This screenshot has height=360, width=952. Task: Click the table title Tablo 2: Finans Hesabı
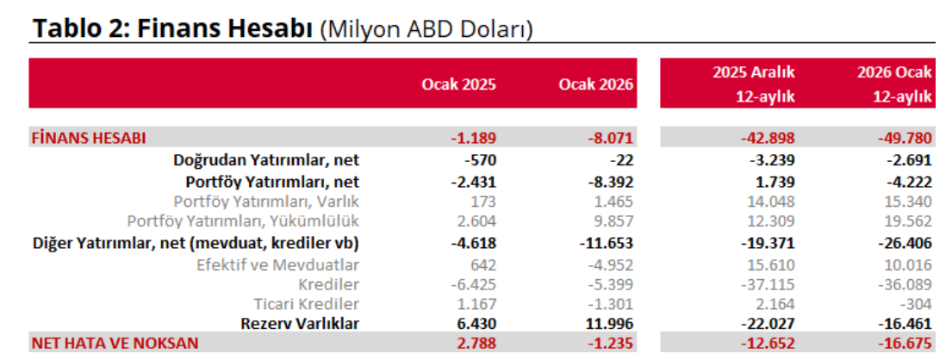click(172, 28)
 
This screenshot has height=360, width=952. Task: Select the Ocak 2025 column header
click(458, 84)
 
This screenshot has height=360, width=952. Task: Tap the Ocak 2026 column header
click(595, 84)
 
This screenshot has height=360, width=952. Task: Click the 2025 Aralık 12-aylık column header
click(753, 84)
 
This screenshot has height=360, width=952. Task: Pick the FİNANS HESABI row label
click(89, 138)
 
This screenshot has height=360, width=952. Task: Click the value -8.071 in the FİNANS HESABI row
click(611, 138)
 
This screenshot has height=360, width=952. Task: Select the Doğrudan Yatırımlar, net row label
click(266, 159)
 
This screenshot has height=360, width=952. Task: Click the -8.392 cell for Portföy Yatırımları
click(611, 181)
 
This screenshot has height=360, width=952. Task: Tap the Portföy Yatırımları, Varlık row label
click(266, 202)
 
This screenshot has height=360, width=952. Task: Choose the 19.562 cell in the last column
click(909, 221)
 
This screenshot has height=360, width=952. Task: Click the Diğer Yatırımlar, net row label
click(196, 243)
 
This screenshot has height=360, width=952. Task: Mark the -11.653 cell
click(606, 243)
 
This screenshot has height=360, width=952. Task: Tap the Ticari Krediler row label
click(306, 304)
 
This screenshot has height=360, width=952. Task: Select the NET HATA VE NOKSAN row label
click(115, 343)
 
